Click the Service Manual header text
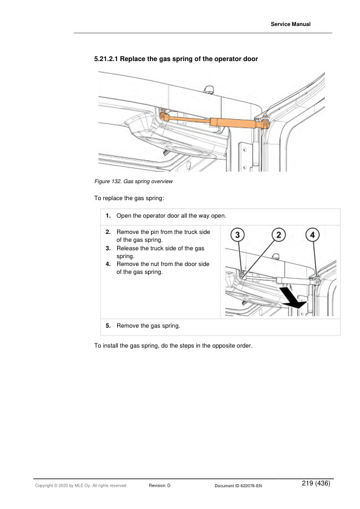pyautogui.click(x=291, y=24)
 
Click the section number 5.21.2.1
pyautogui.click(x=106, y=59)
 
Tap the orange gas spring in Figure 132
pyautogui.click(x=214, y=121)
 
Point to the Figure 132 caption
pyautogui.click(x=133, y=181)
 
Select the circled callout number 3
pyautogui.click(x=237, y=235)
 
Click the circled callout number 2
pyautogui.click(x=278, y=235)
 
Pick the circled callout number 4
pyautogui.click(x=313, y=235)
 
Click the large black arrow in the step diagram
pyautogui.click(x=293, y=298)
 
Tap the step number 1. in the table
pyautogui.click(x=108, y=216)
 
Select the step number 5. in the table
pyautogui.click(x=108, y=326)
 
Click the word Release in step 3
pyautogui.click(x=127, y=248)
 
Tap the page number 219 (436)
pyautogui.click(x=316, y=483)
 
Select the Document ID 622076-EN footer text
pyautogui.click(x=239, y=486)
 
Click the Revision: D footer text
pyautogui.click(x=159, y=485)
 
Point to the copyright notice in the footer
pyautogui.click(x=81, y=485)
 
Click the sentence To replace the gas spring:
pyautogui.click(x=129, y=198)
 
